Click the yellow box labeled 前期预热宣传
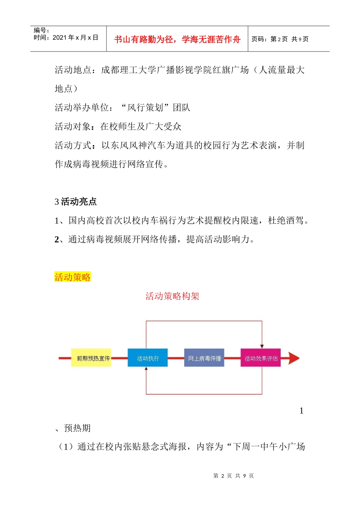91,358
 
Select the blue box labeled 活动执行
147,358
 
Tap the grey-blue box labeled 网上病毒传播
204,358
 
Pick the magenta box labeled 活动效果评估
261,358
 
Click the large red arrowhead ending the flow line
294,358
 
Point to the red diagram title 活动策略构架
172,296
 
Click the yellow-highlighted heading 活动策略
72,277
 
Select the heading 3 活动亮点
75,202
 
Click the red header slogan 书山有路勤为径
177,39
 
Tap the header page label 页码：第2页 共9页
280,39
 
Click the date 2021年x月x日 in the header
75,37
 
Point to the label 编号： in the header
41,30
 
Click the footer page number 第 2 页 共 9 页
233,476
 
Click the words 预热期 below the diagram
77,428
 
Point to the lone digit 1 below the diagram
301,411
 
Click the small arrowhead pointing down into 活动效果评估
262,346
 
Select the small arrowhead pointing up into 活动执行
146,369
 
